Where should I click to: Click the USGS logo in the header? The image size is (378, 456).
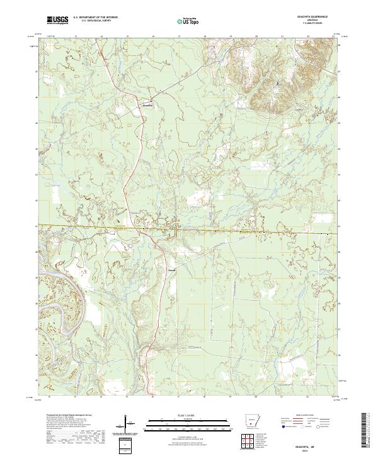(x=57, y=21)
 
